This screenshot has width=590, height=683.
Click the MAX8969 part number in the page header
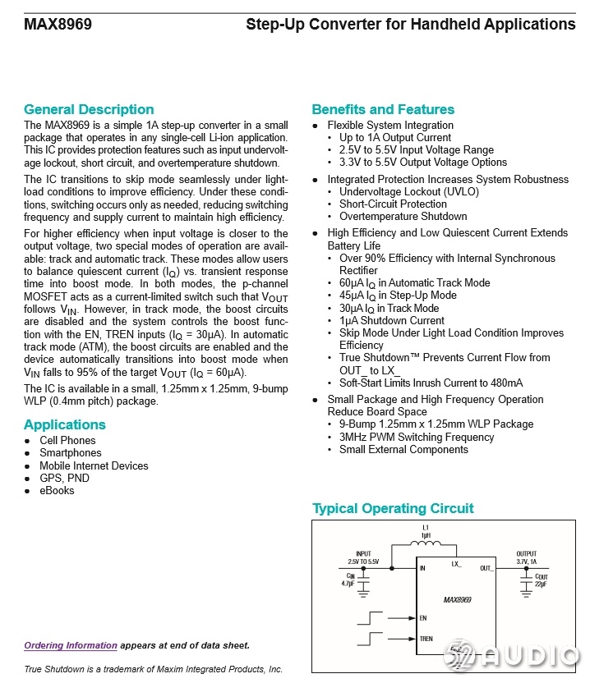58,25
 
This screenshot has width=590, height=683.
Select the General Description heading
89,109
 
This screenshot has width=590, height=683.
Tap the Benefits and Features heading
383,109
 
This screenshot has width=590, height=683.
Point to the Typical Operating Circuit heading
393,508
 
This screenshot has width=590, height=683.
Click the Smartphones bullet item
71,453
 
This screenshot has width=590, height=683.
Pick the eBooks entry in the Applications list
57,491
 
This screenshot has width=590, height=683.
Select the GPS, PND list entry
65,478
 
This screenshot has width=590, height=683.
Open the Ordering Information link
71,645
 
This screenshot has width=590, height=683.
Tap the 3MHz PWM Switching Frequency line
417,438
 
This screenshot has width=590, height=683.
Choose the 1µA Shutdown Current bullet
392,321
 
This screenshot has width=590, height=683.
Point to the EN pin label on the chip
423,618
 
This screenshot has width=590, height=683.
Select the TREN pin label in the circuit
426,639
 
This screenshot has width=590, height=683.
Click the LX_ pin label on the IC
457,564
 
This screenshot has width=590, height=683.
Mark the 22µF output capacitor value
542,584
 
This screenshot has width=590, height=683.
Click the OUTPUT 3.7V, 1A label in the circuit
527,557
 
